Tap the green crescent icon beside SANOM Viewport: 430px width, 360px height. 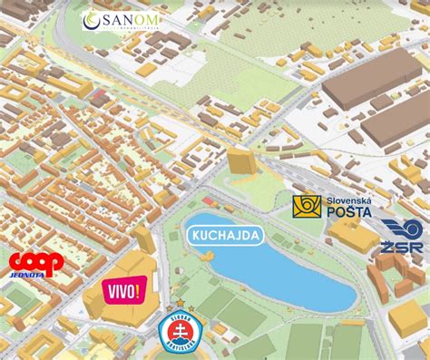pyautogui.click(x=91, y=20)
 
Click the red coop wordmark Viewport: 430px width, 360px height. pyautogui.click(x=35, y=262)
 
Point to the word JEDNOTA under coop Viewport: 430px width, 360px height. pyautogui.click(x=27, y=277)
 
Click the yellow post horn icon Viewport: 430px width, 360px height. pyautogui.click(x=307, y=206)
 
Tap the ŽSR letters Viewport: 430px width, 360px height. pyautogui.click(x=402, y=247)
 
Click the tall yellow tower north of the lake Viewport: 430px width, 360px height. pyautogui.click(x=240, y=161)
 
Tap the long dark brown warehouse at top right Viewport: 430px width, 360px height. pyautogui.click(x=372, y=86)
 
